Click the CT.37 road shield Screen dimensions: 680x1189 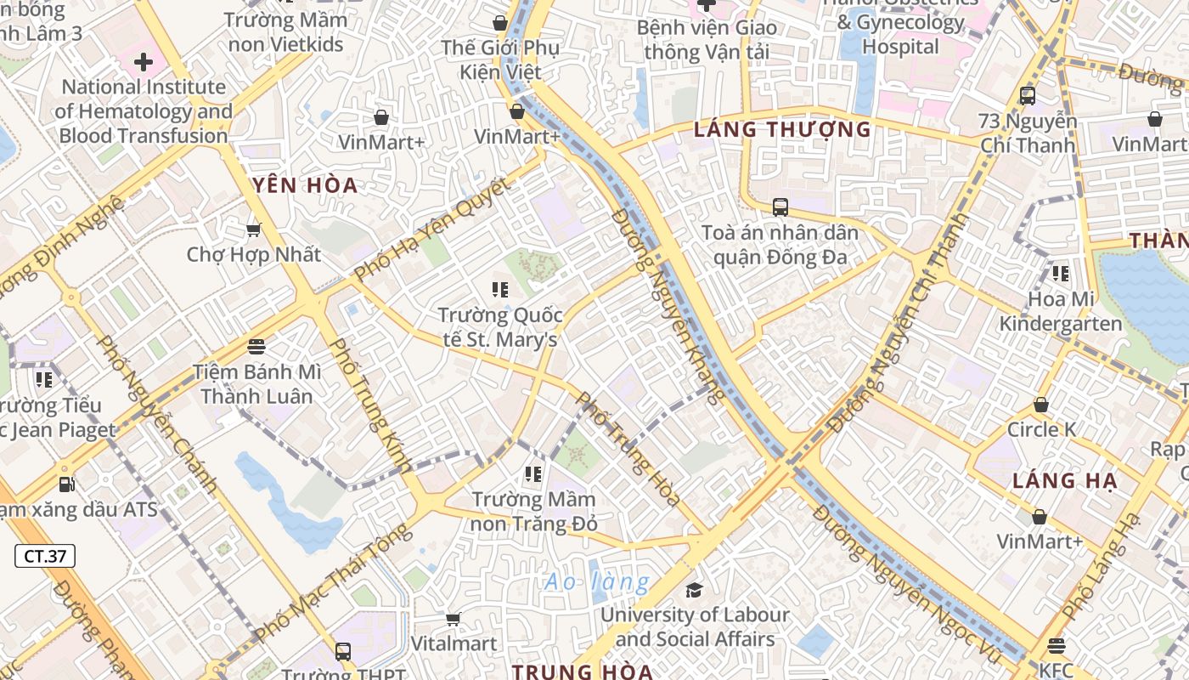tap(45, 557)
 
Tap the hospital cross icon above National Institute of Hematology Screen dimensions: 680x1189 tap(143, 62)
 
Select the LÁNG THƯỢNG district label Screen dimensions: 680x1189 tap(782, 130)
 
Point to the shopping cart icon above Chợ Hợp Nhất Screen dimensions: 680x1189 tap(253, 229)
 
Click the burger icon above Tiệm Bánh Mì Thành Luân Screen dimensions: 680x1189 tap(256, 347)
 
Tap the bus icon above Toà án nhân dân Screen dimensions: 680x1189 tap(780, 207)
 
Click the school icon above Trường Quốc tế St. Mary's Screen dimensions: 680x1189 tap(499, 290)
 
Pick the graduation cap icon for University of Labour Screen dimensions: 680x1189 tap(695, 590)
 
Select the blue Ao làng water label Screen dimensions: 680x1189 tap(597, 582)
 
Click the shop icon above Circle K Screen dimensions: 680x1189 tap(1040, 405)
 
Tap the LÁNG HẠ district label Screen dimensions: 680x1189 tap(1065, 481)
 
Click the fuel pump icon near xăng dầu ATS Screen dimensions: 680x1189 tap(66, 484)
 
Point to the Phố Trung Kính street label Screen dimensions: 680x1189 tap(369, 405)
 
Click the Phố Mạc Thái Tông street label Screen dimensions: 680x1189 tap(332, 583)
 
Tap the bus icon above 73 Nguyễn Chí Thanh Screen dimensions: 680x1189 tap(1027, 95)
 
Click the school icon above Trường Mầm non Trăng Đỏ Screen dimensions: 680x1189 tap(533, 474)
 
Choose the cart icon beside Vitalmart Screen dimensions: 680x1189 tap(453, 619)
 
